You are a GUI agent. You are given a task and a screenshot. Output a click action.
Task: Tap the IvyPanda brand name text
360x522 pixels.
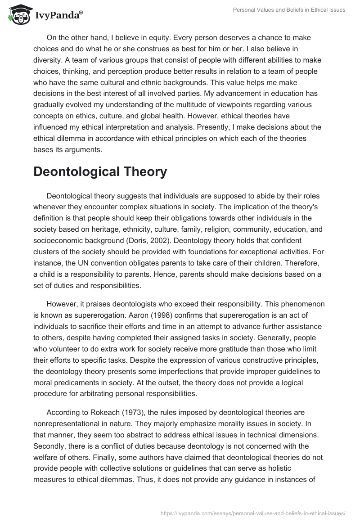pos(56,16)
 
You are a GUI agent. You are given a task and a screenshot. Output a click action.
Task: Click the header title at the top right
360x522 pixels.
pos(288,10)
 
